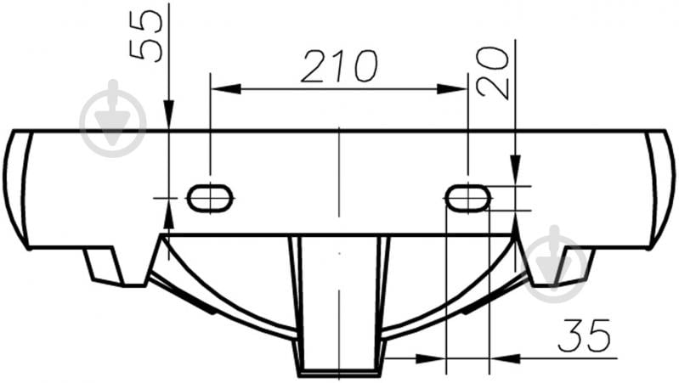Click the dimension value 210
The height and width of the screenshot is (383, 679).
coord(339,65)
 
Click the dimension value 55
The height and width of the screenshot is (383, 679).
coord(146,36)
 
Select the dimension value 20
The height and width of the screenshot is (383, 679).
coord(492,72)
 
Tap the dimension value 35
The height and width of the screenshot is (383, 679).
coord(584,335)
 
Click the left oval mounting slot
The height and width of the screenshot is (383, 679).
coord(210,198)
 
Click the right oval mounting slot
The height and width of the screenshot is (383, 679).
coord(468,198)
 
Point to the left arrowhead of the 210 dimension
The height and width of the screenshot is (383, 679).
coord(225,89)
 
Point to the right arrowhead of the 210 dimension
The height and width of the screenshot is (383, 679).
coord(452,89)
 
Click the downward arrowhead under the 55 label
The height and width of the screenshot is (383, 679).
coord(169,115)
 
